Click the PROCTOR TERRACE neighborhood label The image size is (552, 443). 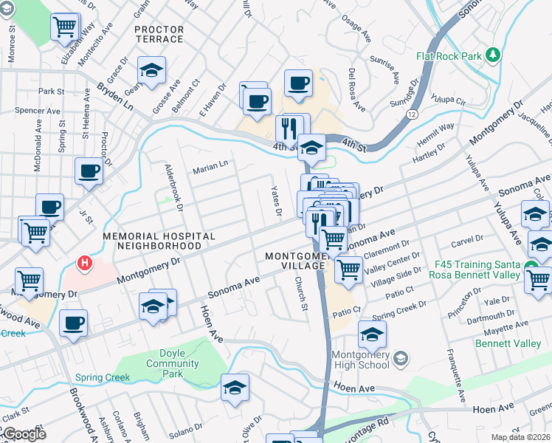pos(159,34)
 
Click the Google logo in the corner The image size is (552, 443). pos(24,434)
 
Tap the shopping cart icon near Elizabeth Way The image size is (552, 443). pos(65,27)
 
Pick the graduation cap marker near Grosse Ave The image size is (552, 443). pos(152,71)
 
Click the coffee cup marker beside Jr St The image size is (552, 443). pos(89,171)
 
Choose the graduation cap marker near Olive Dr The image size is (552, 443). pos(235,388)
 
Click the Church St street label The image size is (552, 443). pos(300,293)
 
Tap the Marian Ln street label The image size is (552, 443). pos(210,168)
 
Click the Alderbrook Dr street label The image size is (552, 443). pos(172,185)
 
